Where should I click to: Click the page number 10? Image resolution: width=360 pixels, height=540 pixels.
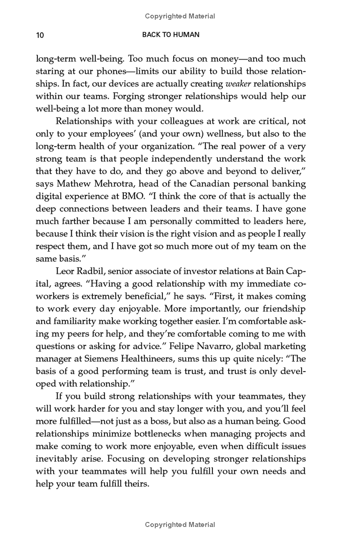[40, 35]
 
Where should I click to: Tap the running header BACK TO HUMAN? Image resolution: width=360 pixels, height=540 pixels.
[171, 35]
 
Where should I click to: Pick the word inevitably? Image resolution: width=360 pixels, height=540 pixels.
[56, 459]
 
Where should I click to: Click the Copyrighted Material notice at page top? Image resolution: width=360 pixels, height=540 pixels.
[180, 16]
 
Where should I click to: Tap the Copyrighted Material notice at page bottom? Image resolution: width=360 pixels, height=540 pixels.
[180, 525]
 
